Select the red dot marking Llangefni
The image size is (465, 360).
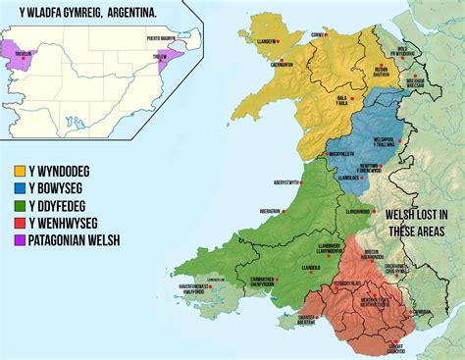pyautogui.click(x=279, y=42)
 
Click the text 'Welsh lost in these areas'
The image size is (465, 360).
pyautogui.click(x=417, y=222)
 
